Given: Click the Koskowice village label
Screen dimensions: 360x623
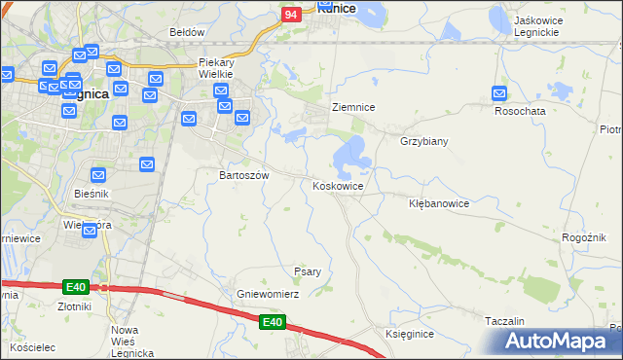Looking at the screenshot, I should [339, 186].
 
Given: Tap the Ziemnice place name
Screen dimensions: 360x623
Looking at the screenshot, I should [353, 107].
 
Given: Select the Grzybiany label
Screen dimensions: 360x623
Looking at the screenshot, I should [423, 141].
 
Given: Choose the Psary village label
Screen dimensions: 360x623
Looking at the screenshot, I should [308, 271].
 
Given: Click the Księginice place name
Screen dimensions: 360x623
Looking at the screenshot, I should [409, 334].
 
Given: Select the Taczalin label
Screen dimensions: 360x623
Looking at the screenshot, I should [504, 320].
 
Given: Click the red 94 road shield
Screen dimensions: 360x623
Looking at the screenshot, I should [291, 15].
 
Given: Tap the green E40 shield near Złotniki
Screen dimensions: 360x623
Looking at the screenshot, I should [76, 286].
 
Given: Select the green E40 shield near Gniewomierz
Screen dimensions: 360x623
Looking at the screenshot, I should [274, 322].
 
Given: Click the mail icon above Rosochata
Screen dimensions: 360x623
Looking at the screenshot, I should [499, 94].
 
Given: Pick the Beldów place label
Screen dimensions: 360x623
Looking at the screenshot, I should [187, 32].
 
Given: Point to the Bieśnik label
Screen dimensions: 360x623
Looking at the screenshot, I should [92, 194].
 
